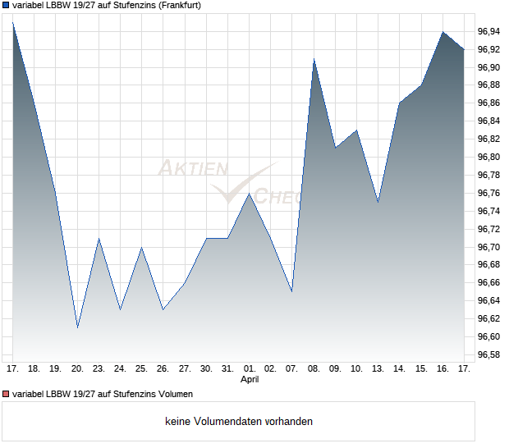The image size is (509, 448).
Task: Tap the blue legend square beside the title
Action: click(5, 5)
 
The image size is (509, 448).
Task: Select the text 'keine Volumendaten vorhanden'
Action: click(239, 422)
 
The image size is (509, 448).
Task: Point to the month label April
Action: click(250, 380)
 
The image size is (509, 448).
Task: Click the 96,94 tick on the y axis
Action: click(488, 31)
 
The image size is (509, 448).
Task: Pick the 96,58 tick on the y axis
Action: click(488, 354)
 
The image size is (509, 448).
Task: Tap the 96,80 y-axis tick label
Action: click(488, 157)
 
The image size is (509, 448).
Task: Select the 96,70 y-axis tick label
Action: click(488, 247)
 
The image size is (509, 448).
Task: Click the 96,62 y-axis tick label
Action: click(488, 318)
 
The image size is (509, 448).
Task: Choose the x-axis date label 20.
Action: click(77, 368)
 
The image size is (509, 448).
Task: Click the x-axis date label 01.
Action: click(250, 368)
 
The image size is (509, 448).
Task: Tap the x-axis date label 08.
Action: click(314, 368)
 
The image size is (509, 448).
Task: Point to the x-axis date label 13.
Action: click(378, 368)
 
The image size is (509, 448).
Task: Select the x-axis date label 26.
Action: click(163, 368)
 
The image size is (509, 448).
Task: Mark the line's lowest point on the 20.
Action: click(77, 327)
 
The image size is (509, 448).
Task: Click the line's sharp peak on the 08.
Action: click(314, 58)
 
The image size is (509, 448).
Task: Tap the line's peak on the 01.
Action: click(250, 193)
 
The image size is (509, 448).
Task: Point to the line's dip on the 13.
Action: click(378, 202)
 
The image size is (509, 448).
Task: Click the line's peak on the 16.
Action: click(443, 31)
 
